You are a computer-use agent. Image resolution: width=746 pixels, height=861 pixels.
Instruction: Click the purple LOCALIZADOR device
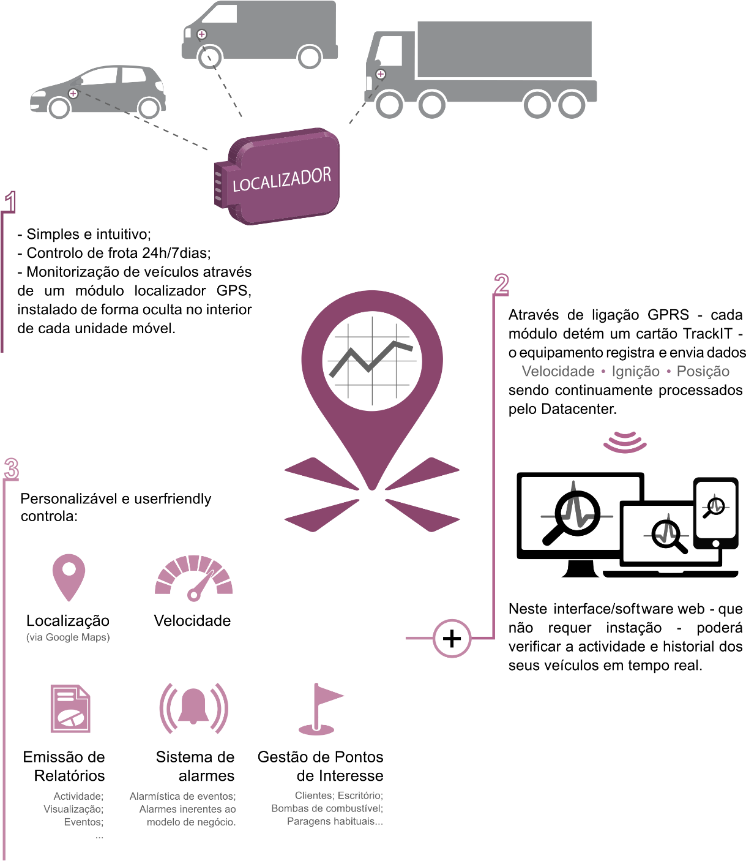coord(282,177)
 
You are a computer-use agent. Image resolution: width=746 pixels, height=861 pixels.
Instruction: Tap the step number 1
coord(10,202)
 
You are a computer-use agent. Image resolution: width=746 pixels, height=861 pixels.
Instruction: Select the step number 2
coord(501,285)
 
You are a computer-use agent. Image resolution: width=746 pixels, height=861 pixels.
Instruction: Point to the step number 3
coord(11,469)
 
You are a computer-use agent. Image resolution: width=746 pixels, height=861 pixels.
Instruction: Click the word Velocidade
coord(558,371)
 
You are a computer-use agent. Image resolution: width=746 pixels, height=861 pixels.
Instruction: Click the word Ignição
coord(635,371)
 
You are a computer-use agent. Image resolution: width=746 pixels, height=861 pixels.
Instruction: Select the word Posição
coord(703,371)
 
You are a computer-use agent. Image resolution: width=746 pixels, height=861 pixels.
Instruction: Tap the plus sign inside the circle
coord(452,639)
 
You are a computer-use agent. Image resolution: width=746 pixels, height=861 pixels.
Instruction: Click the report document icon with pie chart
coord(70,709)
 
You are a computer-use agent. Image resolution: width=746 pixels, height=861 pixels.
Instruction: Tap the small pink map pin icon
coord(69,576)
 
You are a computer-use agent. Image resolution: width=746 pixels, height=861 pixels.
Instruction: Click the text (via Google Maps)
coord(68,637)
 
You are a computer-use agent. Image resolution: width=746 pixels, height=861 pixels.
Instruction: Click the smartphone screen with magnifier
coord(715,508)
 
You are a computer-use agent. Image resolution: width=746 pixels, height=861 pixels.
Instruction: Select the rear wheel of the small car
coord(149,108)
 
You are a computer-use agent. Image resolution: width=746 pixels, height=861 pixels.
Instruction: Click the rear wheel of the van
coord(310,58)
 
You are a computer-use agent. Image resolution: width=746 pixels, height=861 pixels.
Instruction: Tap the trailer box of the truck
coord(504,50)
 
